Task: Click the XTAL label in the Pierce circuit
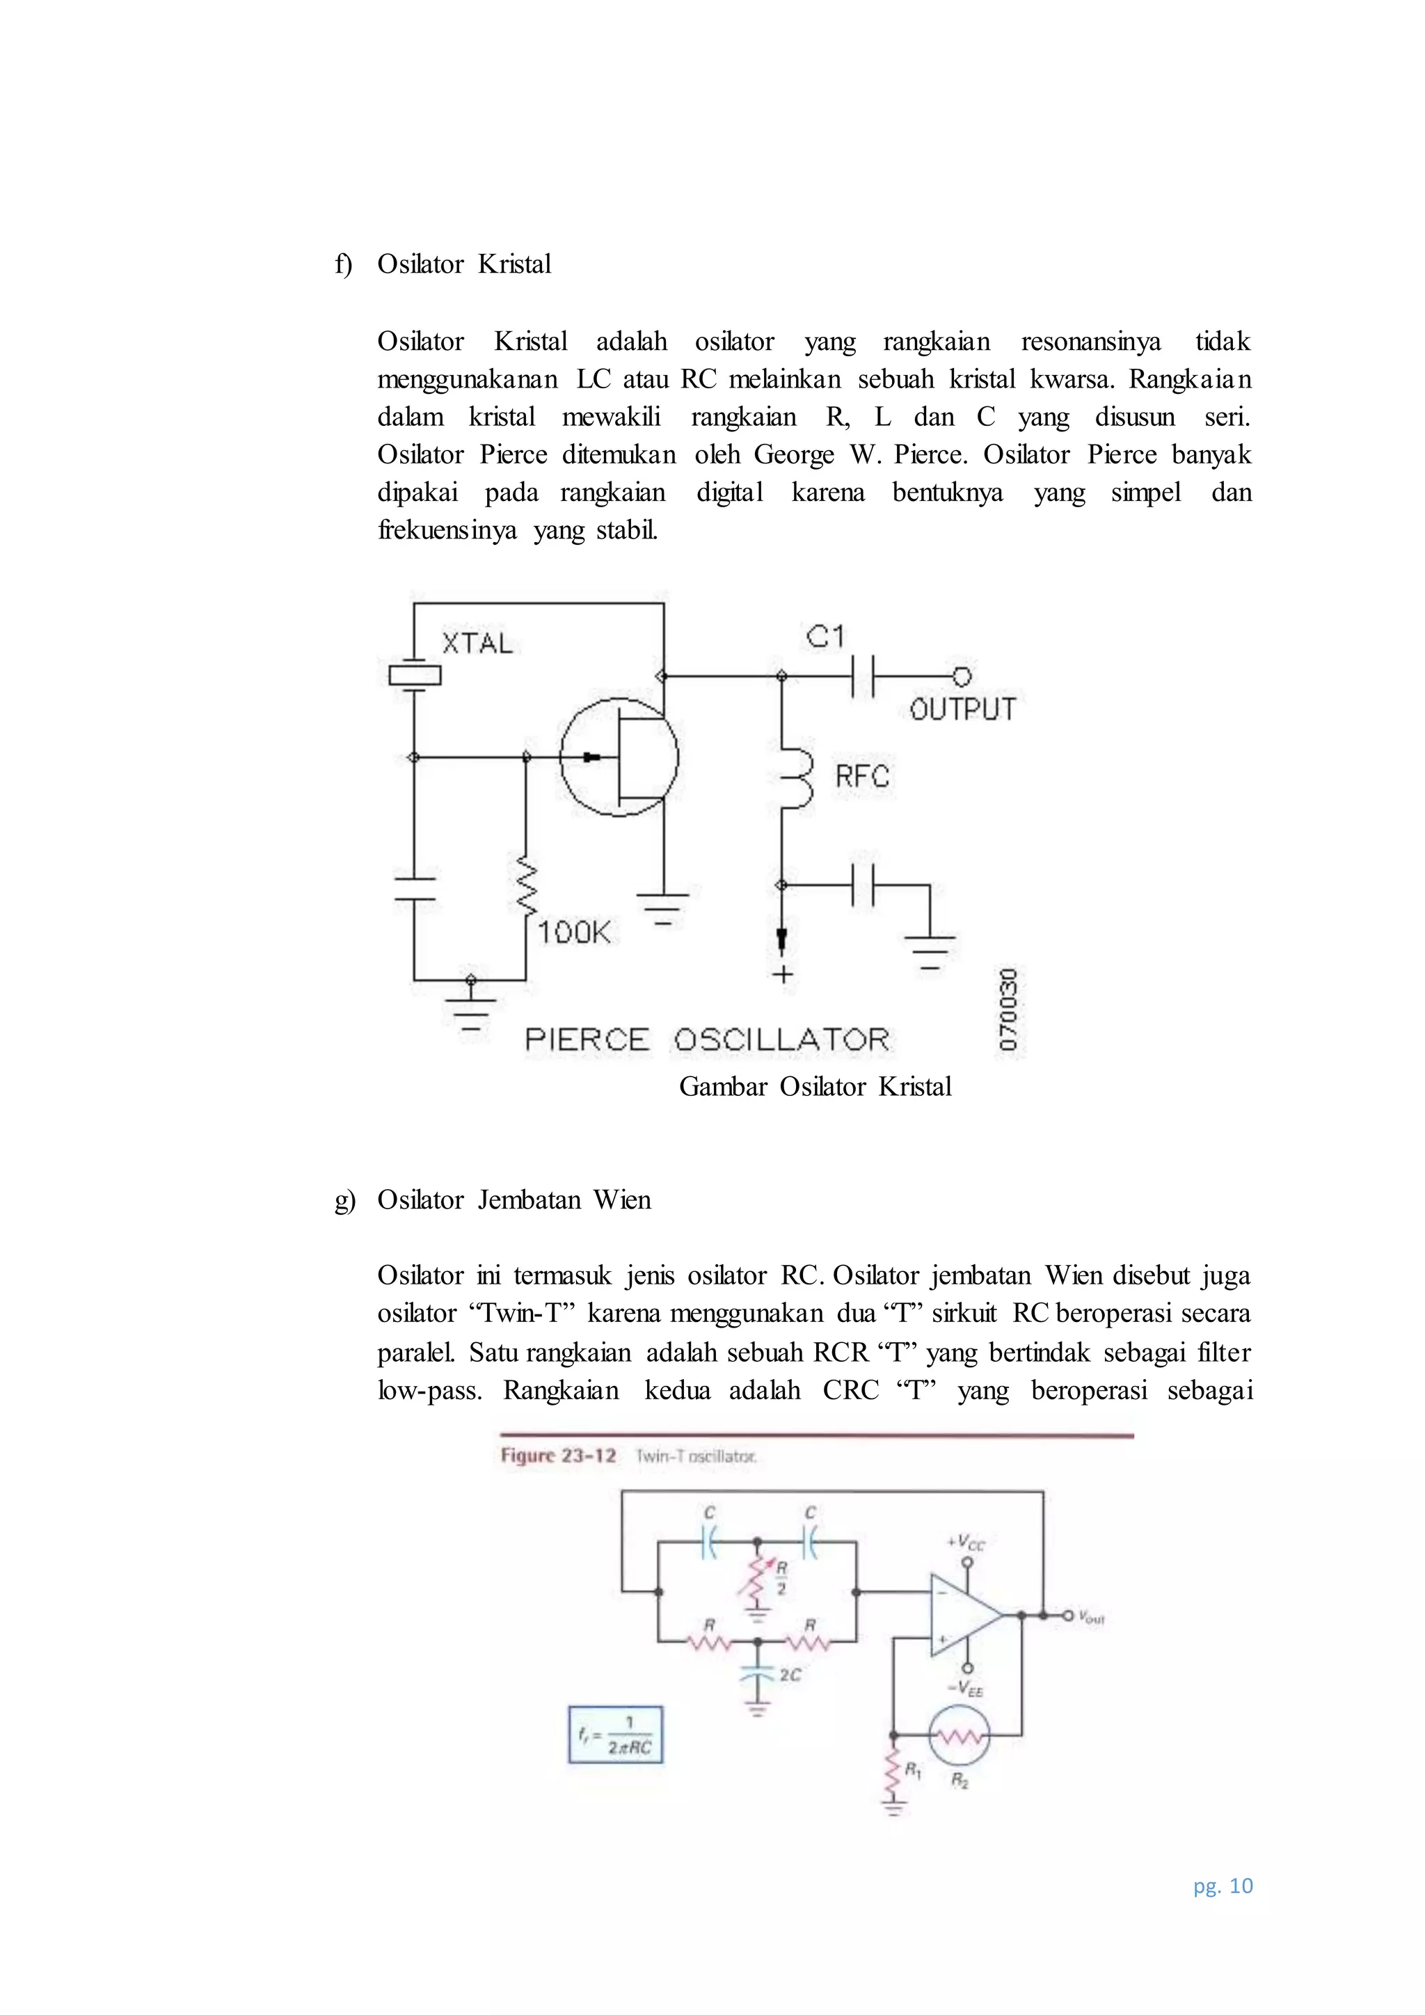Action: (x=477, y=644)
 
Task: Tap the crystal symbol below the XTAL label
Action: (x=414, y=675)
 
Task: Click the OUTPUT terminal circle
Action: (x=962, y=676)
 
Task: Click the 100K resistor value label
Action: (x=574, y=932)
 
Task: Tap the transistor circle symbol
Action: (x=619, y=756)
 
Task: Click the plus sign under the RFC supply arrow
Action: (x=782, y=974)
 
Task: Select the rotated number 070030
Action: (x=1009, y=1010)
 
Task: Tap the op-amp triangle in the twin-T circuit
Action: (x=964, y=1615)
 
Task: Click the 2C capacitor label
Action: (x=790, y=1675)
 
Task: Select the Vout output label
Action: (x=1092, y=1616)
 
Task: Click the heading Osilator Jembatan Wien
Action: (x=514, y=1200)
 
